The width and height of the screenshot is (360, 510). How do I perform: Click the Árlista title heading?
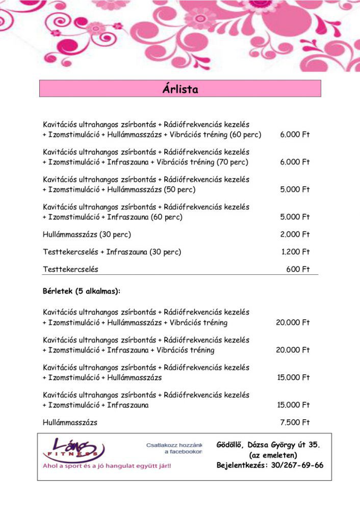pos(180,89)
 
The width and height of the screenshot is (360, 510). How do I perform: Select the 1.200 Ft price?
pos(295,252)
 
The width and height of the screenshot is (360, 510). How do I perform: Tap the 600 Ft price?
pos(298,269)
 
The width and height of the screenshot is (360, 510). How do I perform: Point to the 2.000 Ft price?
pos(295,235)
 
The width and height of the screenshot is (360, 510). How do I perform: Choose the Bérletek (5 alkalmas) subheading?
pos(82,292)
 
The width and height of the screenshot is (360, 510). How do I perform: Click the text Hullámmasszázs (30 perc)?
pos(87,235)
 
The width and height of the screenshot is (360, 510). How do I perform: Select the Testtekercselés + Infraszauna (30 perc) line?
pos(112,252)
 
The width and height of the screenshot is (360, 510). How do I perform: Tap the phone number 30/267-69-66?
pos(296,465)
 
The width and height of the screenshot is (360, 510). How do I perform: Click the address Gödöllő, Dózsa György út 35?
pos(269,445)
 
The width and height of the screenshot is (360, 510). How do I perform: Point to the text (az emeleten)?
pos(273,455)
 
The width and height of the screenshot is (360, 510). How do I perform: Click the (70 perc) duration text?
pos(232,162)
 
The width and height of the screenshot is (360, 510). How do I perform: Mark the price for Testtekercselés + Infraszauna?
pos(295,252)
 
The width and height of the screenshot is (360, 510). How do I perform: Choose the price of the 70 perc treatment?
pos(295,162)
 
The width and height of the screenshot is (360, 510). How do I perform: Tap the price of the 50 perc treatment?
pos(295,189)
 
